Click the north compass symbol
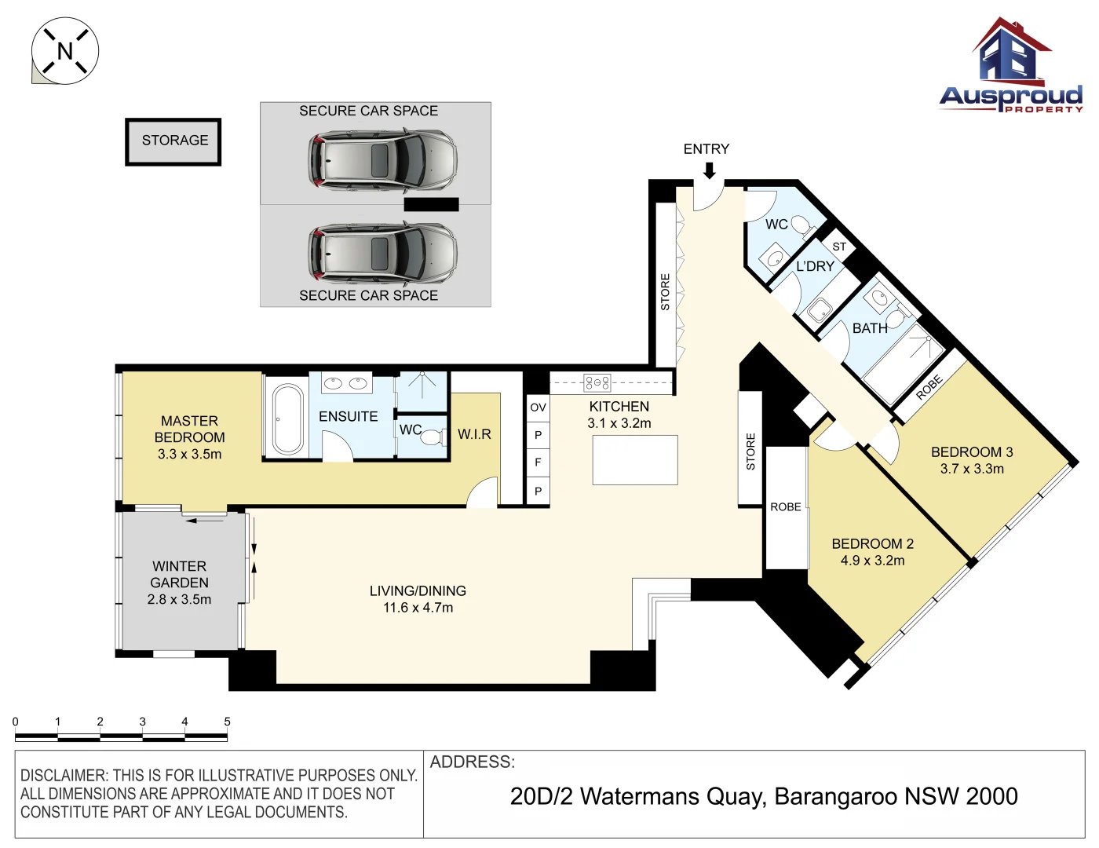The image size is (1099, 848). (64, 51)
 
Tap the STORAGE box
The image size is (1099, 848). (173, 141)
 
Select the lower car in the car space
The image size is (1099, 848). (382, 252)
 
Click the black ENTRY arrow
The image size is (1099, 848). (708, 170)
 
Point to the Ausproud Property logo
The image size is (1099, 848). (1011, 67)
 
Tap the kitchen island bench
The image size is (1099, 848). (635, 460)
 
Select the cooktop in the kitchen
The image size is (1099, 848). (597, 383)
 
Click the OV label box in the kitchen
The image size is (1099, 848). (538, 408)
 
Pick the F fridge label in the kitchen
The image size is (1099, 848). (538, 462)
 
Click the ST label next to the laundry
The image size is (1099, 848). (839, 247)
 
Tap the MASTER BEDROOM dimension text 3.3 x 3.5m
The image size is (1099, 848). (189, 455)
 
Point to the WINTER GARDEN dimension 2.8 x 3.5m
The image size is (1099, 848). (179, 600)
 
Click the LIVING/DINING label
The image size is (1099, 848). (418, 591)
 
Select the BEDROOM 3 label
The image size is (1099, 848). (972, 452)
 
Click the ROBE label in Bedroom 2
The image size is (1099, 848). (785, 507)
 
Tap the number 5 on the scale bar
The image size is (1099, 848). (227, 722)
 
